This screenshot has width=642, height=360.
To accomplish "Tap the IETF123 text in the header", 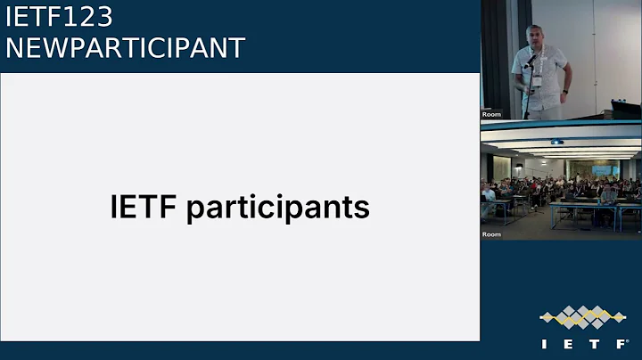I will (x=60, y=16).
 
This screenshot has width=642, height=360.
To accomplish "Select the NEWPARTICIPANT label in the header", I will (x=125, y=47).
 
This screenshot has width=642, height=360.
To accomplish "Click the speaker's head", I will (x=535, y=37).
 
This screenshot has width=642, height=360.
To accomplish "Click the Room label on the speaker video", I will (x=491, y=114).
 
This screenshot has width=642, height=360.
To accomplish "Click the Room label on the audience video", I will (x=491, y=233).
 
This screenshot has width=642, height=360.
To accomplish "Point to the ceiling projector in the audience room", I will (x=556, y=142).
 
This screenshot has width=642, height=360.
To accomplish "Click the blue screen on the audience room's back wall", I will (x=605, y=169).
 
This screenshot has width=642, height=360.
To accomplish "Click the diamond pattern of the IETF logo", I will (x=582, y=316).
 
